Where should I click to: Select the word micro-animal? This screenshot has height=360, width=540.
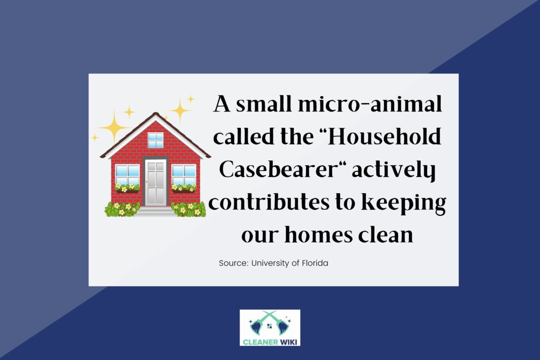click(x=370, y=104)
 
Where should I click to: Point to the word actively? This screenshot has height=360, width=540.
click(x=394, y=171)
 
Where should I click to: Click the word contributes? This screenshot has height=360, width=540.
click(x=269, y=202)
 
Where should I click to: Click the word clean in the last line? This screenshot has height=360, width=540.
click(x=386, y=234)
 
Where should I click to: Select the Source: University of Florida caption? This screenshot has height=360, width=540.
click(x=274, y=263)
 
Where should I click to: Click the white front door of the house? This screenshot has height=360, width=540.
click(x=156, y=183)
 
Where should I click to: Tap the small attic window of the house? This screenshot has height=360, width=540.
click(x=156, y=140)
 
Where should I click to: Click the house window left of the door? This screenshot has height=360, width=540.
click(x=127, y=175)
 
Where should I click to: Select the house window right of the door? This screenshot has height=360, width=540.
click(x=184, y=175)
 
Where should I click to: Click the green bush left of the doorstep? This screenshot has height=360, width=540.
click(x=122, y=209)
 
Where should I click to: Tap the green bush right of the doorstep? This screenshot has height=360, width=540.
click(x=189, y=209)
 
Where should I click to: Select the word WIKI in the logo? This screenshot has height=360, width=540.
click(x=289, y=342)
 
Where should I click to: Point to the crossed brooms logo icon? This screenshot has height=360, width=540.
click(x=270, y=324)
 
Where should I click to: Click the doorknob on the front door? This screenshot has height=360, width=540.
click(x=146, y=182)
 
